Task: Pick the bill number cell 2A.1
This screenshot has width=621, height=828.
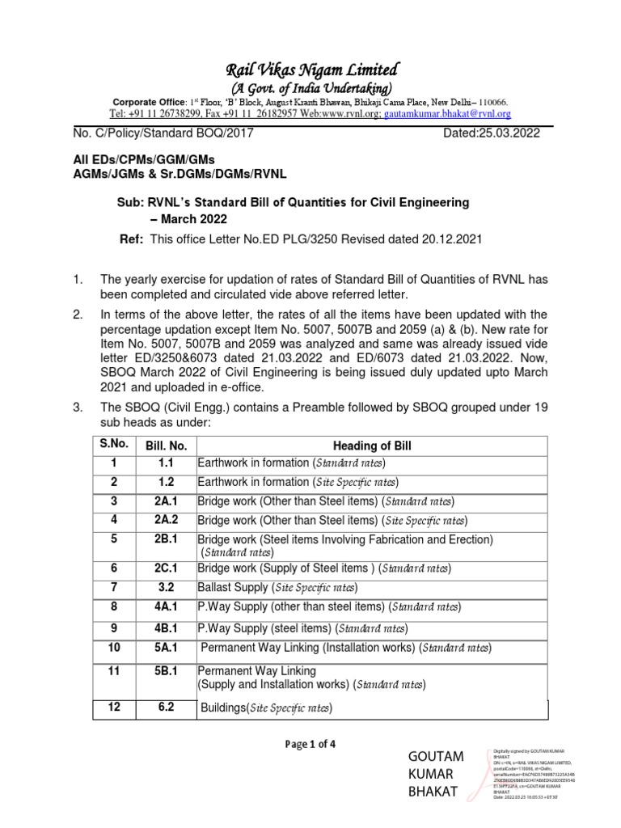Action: [167, 501]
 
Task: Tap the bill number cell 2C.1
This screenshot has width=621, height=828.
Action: [167, 568]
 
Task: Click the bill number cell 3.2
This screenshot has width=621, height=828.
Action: [167, 587]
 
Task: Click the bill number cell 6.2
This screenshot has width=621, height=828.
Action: [167, 708]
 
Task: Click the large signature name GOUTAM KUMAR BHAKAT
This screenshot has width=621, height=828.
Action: [437, 774]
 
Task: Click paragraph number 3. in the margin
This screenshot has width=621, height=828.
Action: [78, 408]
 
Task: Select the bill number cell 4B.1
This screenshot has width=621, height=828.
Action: [167, 628]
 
